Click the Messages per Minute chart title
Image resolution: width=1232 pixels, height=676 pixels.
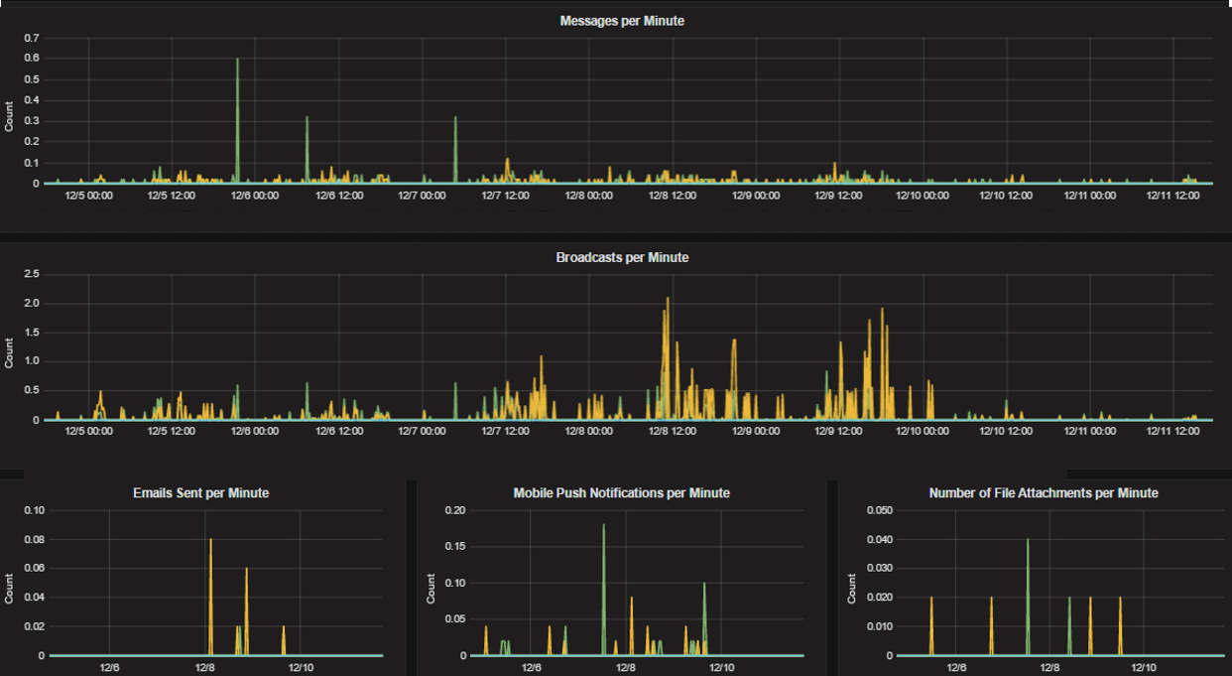(x=622, y=21)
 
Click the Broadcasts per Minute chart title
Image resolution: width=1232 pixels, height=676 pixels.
(x=622, y=257)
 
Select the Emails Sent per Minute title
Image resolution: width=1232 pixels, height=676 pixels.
(x=201, y=492)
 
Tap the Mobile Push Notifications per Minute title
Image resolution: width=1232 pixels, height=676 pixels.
(x=622, y=492)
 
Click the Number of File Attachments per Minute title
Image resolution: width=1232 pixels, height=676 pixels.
(x=1044, y=492)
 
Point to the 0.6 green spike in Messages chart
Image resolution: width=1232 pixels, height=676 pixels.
(x=237, y=61)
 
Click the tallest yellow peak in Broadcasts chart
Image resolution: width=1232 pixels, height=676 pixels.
(x=668, y=299)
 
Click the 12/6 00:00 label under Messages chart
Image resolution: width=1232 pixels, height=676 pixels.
(x=255, y=196)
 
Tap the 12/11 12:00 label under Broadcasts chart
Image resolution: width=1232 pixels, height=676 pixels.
(x=1173, y=432)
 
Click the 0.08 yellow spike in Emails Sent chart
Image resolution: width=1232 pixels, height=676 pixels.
(x=210, y=541)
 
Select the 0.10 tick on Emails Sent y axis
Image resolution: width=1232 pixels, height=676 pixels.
(x=34, y=510)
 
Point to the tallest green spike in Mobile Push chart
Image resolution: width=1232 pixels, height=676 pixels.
(x=603, y=526)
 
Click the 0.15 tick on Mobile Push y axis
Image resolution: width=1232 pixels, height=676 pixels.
(x=454, y=546)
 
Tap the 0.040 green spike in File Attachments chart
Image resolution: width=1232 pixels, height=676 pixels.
(x=1028, y=541)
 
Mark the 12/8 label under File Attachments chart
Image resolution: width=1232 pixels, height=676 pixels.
(x=1049, y=668)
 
